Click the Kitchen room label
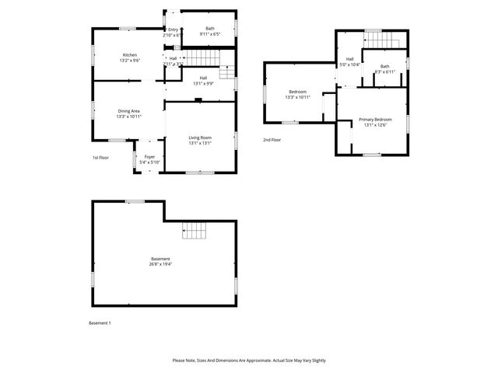[130, 54]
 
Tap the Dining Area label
[128, 111]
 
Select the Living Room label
[200, 138]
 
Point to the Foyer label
[149, 157]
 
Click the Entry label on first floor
[173, 30]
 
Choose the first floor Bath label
[210, 29]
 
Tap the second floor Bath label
[385, 66]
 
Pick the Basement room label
[160, 259]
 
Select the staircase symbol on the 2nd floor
[383, 40]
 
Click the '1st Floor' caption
[100, 158]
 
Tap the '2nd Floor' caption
[272, 140]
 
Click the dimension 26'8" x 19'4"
[160, 264]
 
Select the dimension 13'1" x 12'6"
[375, 124]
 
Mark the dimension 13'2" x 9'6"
[130, 60]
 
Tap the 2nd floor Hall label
[350, 59]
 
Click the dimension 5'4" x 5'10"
[149, 162]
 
